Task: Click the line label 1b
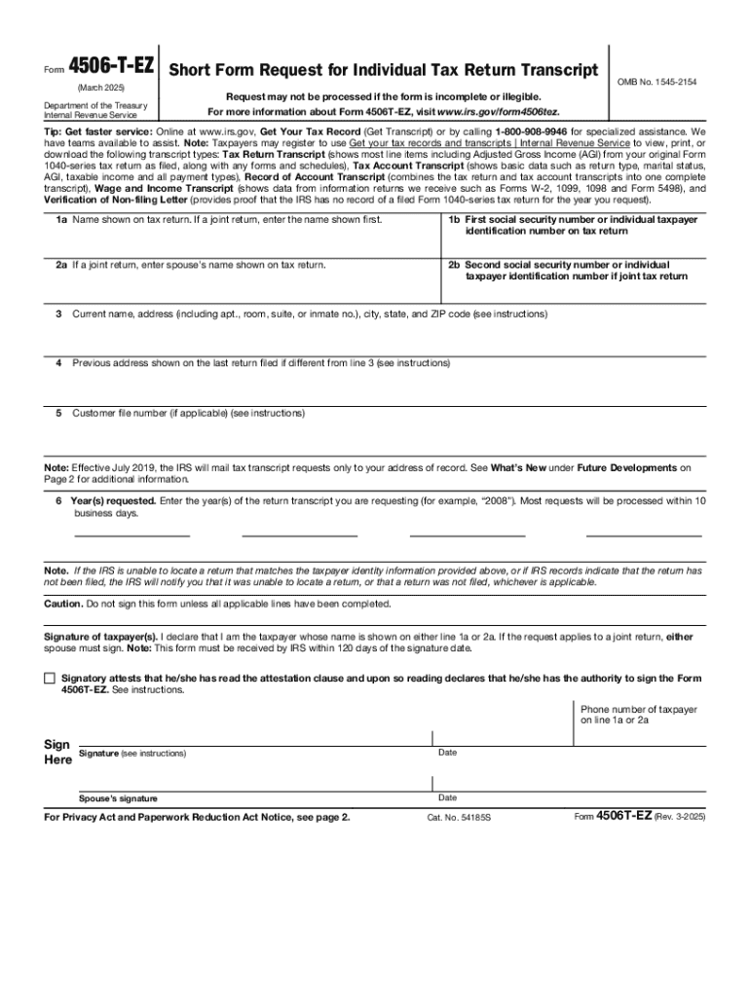pyautogui.click(x=454, y=220)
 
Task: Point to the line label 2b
pyautogui.click(x=454, y=265)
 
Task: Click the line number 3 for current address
pyautogui.click(x=59, y=314)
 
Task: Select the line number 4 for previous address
pyautogui.click(x=59, y=363)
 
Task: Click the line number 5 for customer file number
pyautogui.click(x=59, y=413)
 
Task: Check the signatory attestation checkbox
pyautogui.click(x=50, y=678)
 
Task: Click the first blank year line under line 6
pyautogui.click(x=132, y=535)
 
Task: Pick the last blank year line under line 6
pyautogui.click(x=643, y=535)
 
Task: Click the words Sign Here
pyautogui.click(x=57, y=752)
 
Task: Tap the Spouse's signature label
pyautogui.click(x=119, y=798)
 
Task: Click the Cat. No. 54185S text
pyautogui.click(x=460, y=818)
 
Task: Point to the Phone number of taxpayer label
pyautogui.click(x=639, y=715)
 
